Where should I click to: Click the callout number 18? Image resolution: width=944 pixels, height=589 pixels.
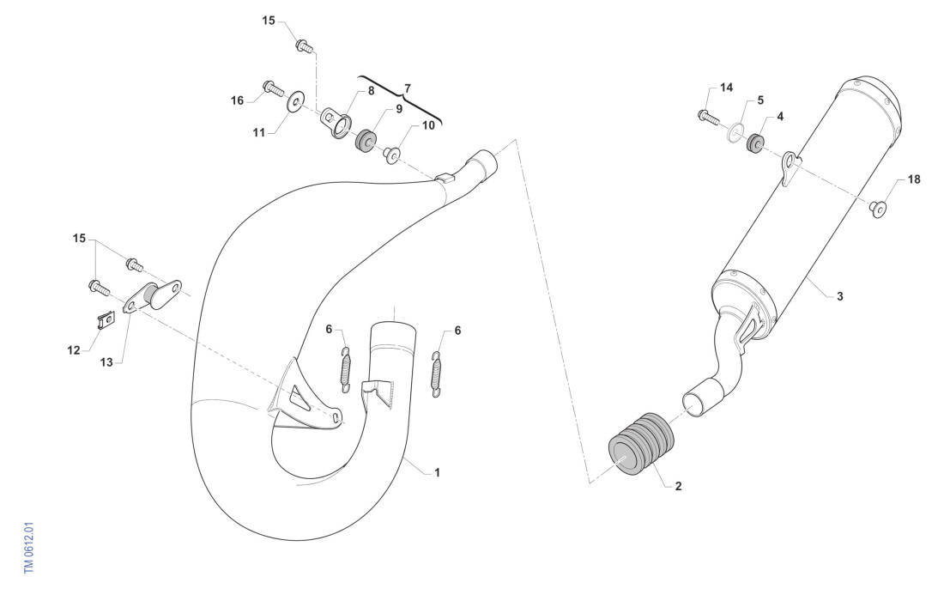coord(914,179)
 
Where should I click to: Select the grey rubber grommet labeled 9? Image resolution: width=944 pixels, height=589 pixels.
coord(366,140)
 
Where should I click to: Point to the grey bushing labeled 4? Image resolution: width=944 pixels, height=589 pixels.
coord(755,143)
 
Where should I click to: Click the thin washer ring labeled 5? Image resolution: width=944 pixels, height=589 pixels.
coord(735,131)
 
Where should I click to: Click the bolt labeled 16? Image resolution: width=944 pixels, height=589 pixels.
coord(273,88)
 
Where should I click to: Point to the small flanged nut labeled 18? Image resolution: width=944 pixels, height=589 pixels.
coord(878,209)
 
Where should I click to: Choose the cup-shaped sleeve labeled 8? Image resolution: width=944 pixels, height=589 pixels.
coord(336,122)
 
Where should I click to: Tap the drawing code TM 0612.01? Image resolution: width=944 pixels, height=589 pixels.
coord(29,548)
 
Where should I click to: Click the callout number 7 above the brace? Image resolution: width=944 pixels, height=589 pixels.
coord(407,88)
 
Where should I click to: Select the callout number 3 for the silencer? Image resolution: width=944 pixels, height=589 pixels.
coord(840,296)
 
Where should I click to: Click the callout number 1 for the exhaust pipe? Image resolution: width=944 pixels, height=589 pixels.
coord(437,473)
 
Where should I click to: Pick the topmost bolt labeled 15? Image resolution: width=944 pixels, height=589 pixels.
coord(304,46)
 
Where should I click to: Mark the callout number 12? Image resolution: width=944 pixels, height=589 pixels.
coord(74,350)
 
